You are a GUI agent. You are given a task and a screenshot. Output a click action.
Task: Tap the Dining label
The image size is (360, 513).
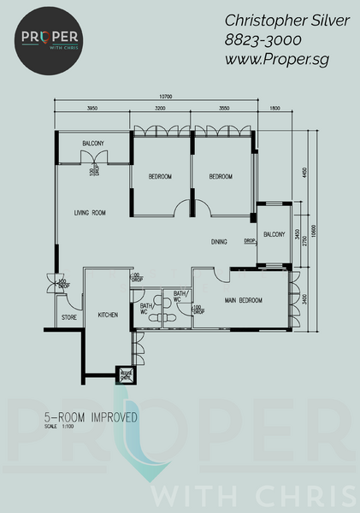tap(220, 242)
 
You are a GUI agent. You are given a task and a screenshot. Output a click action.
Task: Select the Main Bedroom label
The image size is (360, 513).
tap(244, 300)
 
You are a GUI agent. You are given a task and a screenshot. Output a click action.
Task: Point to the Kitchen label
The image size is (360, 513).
tap(108, 315)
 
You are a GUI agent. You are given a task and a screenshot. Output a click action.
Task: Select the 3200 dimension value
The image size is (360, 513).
tap(160, 109)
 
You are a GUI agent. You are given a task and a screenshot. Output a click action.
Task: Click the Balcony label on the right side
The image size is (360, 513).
tap(274, 234)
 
